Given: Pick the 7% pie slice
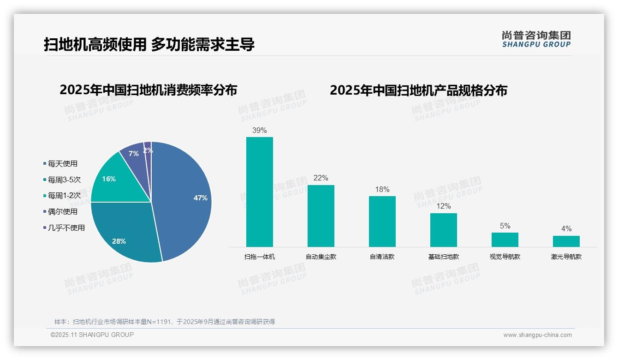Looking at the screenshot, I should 134,154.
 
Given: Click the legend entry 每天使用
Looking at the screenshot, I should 62,163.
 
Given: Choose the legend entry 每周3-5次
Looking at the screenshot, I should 64,180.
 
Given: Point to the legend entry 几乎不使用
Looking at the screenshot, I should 66,228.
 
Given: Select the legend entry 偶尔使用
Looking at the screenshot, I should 62,211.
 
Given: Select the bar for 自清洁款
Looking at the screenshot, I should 382,222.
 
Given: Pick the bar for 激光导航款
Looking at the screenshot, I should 566,241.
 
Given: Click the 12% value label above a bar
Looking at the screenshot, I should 444,206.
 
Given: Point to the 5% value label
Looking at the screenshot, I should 505,226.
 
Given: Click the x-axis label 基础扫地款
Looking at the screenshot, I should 444,257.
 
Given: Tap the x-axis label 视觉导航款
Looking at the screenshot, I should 505,257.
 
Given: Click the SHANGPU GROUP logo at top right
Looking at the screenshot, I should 536,39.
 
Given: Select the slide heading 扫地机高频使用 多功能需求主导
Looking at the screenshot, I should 149,44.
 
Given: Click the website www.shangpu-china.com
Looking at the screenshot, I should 537,335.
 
